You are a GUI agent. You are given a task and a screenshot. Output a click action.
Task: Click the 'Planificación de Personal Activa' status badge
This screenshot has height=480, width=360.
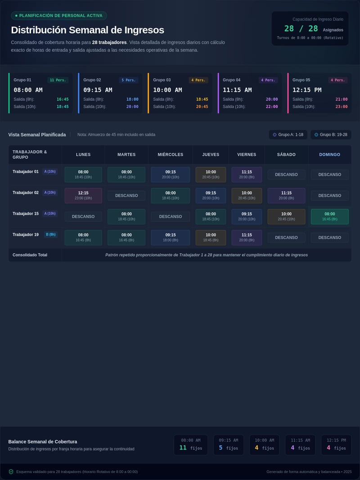(59, 16)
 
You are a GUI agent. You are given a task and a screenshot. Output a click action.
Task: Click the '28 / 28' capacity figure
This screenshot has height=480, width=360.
(301, 28)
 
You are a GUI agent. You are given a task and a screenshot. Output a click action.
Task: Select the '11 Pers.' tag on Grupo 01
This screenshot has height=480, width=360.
(58, 80)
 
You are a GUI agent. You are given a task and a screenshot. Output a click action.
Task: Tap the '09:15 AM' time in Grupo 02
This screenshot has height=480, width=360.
(98, 90)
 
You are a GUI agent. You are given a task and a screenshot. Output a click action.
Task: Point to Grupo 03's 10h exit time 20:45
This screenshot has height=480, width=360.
(202, 107)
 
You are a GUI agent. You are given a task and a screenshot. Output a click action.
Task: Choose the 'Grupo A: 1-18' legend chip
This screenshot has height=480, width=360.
(288, 135)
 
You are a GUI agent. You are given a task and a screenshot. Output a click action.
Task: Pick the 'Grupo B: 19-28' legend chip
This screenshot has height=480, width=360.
(331, 135)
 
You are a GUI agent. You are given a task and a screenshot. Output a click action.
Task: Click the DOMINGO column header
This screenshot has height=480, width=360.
(330, 154)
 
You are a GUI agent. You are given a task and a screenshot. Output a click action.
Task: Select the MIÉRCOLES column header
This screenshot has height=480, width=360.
(171, 154)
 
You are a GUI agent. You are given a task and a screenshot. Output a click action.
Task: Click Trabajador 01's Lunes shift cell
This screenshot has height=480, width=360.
(83, 175)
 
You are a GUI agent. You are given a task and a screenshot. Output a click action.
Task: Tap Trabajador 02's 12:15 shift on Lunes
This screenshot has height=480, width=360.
(83, 195)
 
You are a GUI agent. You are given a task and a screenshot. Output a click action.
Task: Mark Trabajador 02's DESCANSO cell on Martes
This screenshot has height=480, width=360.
(126, 195)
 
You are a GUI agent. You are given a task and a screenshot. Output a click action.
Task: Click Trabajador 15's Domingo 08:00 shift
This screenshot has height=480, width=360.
(330, 217)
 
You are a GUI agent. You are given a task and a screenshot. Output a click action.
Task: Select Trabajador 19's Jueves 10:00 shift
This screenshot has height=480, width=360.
(211, 238)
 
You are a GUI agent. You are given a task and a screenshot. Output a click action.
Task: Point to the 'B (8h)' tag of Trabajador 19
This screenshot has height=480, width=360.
(51, 235)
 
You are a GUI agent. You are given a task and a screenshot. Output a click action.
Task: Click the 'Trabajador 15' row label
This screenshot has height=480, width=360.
(26, 214)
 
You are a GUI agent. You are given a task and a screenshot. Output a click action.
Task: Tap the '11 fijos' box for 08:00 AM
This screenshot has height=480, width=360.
(191, 445)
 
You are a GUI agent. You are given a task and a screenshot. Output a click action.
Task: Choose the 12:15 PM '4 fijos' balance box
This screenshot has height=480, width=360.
(336, 445)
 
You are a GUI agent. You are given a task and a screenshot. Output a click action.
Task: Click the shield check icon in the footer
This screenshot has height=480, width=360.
(11, 472)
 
